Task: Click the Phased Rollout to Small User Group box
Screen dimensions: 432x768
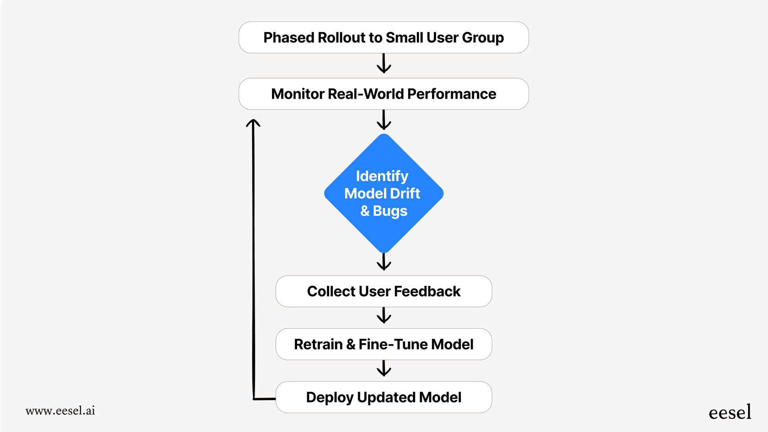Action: pyautogui.click(x=384, y=37)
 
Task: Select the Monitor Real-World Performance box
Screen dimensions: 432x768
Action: pyautogui.click(x=384, y=94)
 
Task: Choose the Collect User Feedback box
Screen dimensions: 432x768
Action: pyautogui.click(x=384, y=291)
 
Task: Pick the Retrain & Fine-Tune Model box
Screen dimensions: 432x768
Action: pyautogui.click(x=384, y=344)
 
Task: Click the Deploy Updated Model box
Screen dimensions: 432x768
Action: pyautogui.click(x=384, y=397)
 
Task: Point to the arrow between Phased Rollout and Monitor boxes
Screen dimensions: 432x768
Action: pyautogui.click(x=384, y=64)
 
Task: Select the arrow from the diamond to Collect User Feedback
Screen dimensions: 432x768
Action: pyautogui.click(x=384, y=262)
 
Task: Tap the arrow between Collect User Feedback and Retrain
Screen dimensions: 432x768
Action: pyautogui.click(x=384, y=316)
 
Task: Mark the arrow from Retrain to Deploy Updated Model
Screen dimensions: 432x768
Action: pyautogui.click(x=384, y=368)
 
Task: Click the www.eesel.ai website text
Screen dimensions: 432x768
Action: pyautogui.click(x=60, y=411)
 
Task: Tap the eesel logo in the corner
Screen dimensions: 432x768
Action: pyautogui.click(x=730, y=412)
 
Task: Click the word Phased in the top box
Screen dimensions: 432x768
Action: pyautogui.click(x=288, y=37)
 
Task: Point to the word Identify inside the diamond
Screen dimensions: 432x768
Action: pyautogui.click(x=382, y=176)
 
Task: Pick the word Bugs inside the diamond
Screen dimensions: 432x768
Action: pyautogui.click(x=390, y=211)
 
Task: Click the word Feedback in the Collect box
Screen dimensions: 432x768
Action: pyautogui.click(x=427, y=291)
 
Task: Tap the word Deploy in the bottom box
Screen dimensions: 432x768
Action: pyautogui.click(x=330, y=397)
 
